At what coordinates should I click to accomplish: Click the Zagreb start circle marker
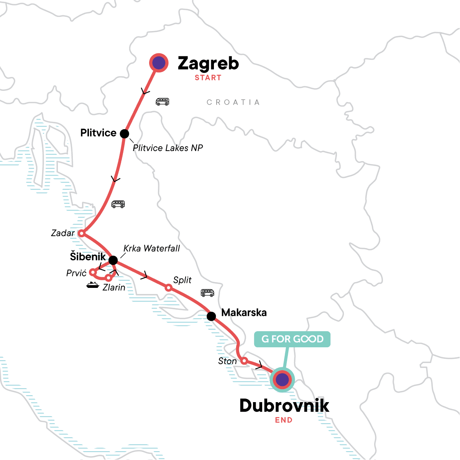pyautogui.click(x=159, y=63)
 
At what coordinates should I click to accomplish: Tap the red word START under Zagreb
pyautogui.click(x=208, y=78)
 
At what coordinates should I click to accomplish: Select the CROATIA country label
pyautogui.click(x=233, y=102)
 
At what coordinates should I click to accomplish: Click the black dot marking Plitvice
pyautogui.click(x=124, y=133)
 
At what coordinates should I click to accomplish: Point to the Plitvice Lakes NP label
pyautogui.click(x=168, y=148)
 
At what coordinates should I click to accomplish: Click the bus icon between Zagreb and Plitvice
pyautogui.click(x=162, y=102)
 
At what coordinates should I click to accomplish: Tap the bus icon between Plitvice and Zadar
pyautogui.click(x=118, y=204)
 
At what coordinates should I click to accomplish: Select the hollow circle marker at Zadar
pyautogui.click(x=81, y=233)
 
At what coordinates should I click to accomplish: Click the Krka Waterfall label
pyautogui.click(x=151, y=248)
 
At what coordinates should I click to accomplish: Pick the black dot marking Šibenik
pyautogui.click(x=113, y=261)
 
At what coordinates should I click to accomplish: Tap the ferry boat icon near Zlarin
pyautogui.click(x=92, y=285)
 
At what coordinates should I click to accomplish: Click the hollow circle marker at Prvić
pyautogui.click(x=92, y=272)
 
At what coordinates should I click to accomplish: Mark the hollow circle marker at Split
pyautogui.click(x=168, y=287)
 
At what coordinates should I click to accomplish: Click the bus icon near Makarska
pyautogui.click(x=207, y=293)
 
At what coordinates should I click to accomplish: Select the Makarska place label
pyautogui.click(x=244, y=313)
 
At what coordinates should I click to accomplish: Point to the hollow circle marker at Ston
pyautogui.click(x=244, y=360)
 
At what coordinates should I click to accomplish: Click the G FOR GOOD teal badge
pyautogui.click(x=292, y=339)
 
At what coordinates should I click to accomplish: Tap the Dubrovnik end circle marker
pyautogui.click(x=282, y=380)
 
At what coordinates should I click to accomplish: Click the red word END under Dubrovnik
pyautogui.click(x=284, y=420)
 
